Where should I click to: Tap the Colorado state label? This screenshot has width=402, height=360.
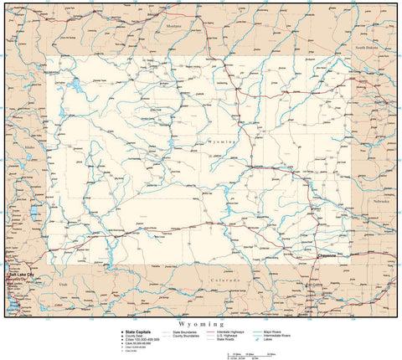pos(224,279)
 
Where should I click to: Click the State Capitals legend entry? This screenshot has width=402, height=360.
pos(140,331)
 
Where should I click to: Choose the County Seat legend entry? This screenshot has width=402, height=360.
pos(136,335)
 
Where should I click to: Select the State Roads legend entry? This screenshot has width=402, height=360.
pos(217,339)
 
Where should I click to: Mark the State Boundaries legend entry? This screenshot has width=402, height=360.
pos(186,332)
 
